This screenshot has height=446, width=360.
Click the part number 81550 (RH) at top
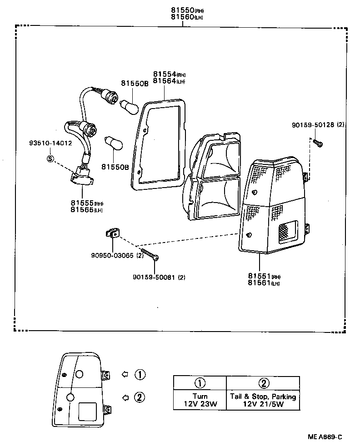pos(183,10)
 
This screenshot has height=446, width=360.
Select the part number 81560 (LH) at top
pos(183,17)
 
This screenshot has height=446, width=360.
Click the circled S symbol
pos(50,159)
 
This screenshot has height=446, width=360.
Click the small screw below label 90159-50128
pos(318,144)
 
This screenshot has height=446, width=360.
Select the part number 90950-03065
pos(114,255)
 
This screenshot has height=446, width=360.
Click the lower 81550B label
pos(115,167)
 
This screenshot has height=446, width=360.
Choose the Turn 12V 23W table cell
pos(200,400)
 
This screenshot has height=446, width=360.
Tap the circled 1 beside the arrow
pos(140,375)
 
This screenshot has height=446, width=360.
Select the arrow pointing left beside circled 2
pos(125,397)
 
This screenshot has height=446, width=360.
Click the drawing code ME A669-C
pos(324,437)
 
